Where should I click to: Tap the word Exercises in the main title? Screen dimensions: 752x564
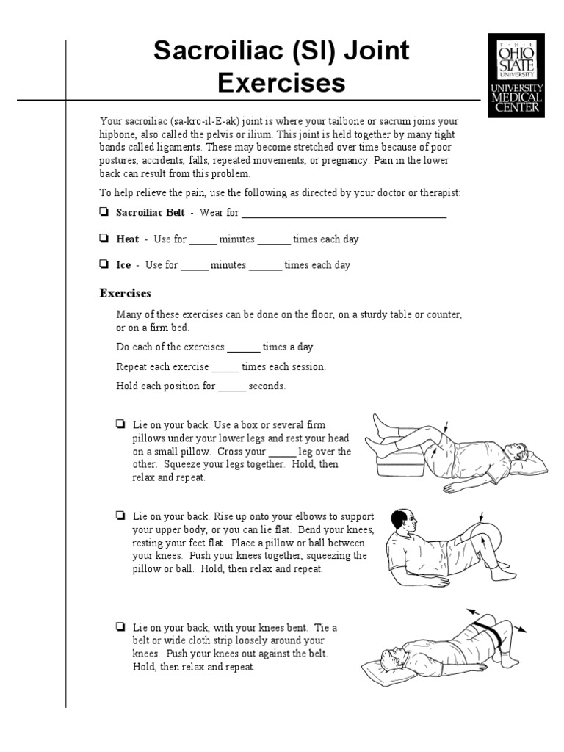click(x=281, y=83)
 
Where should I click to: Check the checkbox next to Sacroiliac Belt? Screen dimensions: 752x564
click(x=104, y=213)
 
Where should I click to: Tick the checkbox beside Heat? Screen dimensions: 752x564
click(x=104, y=239)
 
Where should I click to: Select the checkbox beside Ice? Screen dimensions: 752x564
click(x=104, y=264)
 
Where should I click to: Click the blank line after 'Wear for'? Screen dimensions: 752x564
click(x=344, y=214)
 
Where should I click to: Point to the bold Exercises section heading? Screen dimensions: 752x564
click(x=125, y=293)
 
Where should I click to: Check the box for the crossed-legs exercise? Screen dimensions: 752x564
click(x=120, y=424)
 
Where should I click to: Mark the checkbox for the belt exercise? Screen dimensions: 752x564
click(x=120, y=627)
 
